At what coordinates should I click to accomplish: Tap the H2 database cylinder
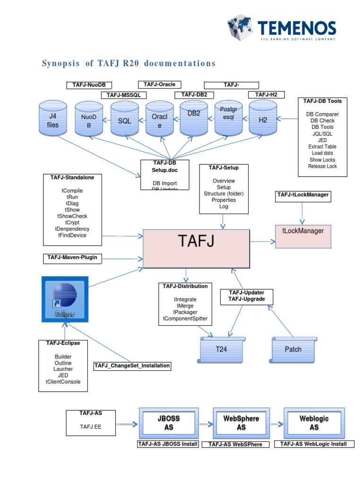[x=263, y=120]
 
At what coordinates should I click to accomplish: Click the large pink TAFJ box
[x=196, y=248]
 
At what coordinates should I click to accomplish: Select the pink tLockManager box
[x=303, y=235]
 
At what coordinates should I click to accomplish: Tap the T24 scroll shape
[x=222, y=350]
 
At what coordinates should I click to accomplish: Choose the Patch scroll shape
[x=293, y=350]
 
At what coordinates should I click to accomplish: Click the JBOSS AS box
[x=169, y=422]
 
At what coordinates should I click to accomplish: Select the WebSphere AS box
[x=241, y=422]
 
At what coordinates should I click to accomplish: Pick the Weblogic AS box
[x=314, y=422]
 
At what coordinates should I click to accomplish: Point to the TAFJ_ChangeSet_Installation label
[x=132, y=366]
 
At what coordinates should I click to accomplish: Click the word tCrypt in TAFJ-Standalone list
[x=72, y=223]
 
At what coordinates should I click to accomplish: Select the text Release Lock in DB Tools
[x=322, y=166]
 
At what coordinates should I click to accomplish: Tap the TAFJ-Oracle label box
[x=160, y=85]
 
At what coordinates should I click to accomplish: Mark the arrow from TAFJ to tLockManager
[x=262, y=241]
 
